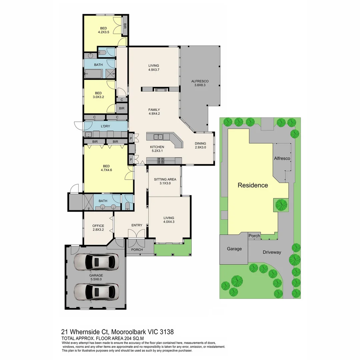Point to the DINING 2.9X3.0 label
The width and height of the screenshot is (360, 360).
(201, 146)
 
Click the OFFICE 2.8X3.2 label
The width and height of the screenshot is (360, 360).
(98, 228)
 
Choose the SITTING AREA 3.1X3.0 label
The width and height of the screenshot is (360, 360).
(165, 181)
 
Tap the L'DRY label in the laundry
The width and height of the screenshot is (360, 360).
(105, 126)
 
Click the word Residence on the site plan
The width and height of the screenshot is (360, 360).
(252, 185)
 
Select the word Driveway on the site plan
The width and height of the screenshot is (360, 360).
(272, 252)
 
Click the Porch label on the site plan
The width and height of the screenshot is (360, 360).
(254, 236)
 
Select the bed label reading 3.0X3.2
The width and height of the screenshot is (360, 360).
(98, 95)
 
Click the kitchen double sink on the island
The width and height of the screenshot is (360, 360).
(158, 137)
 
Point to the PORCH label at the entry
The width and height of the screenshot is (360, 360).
(137, 250)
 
